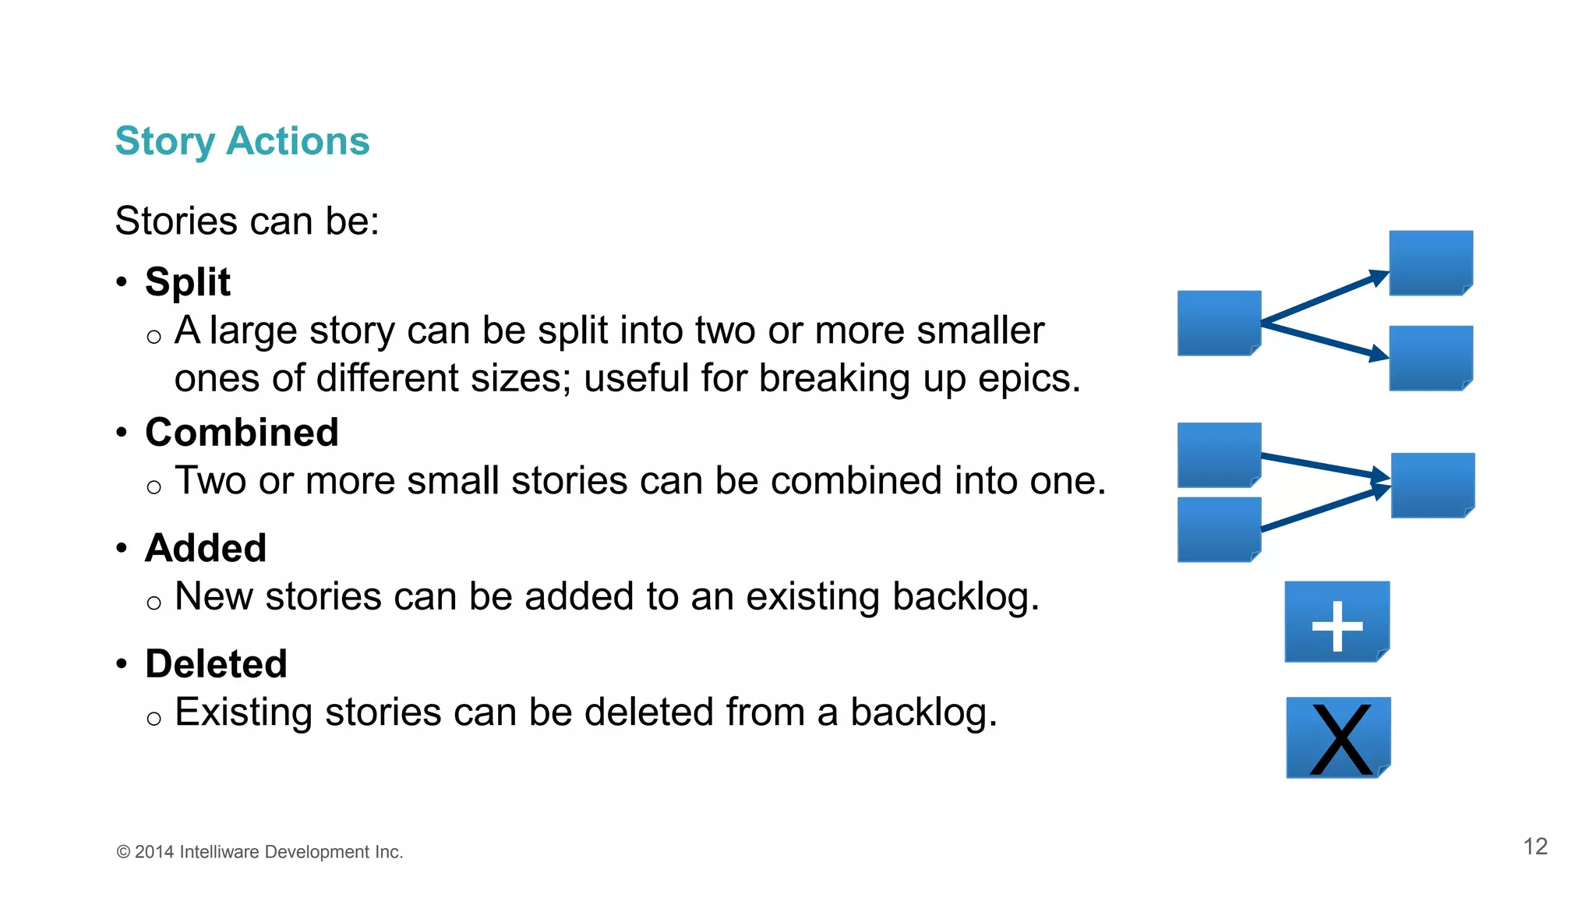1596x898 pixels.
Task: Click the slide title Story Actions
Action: [242, 141]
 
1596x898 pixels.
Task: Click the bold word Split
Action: [188, 281]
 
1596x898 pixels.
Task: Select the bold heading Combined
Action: [242, 432]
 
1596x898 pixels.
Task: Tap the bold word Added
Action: [206, 548]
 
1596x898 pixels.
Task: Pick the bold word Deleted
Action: [216, 664]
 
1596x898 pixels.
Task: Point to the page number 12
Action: [1535, 847]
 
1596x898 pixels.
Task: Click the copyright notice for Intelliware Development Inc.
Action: [260, 852]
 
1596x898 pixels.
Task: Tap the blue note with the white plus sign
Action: [1336, 622]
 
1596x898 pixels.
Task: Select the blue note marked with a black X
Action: [1338, 737]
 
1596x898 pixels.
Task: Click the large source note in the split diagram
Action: [1219, 323]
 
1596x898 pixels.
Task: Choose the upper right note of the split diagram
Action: [1431, 263]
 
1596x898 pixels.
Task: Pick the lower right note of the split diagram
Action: [1431, 358]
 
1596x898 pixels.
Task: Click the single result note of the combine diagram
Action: [1432, 485]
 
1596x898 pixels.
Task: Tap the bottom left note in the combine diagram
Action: [1219, 530]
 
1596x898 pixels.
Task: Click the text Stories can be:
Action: [247, 221]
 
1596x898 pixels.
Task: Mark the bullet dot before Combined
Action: [122, 432]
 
